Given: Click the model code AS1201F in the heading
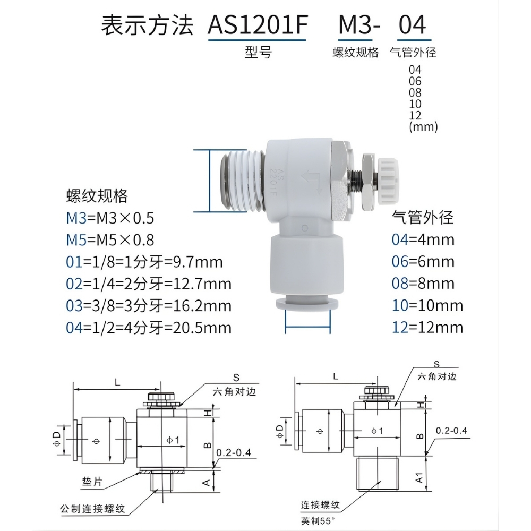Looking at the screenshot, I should [x=257, y=25].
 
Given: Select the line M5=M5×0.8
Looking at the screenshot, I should [x=110, y=239].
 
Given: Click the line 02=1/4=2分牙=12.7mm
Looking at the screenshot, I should [x=149, y=284].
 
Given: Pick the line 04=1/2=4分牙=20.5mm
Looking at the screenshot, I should [x=149, y=328].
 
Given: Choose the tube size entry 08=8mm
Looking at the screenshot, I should [x=423, y=283].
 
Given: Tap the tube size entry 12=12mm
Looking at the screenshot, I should [x=427, y=327].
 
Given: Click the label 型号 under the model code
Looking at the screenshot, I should [x=258, y=52].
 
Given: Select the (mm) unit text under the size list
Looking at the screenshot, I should [x=423, y=127].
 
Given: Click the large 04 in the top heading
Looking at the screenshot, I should [x=412, y=25].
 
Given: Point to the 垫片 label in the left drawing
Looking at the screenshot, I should [x=92, y=483].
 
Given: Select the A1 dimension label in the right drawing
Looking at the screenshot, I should [x=420, y=478].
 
